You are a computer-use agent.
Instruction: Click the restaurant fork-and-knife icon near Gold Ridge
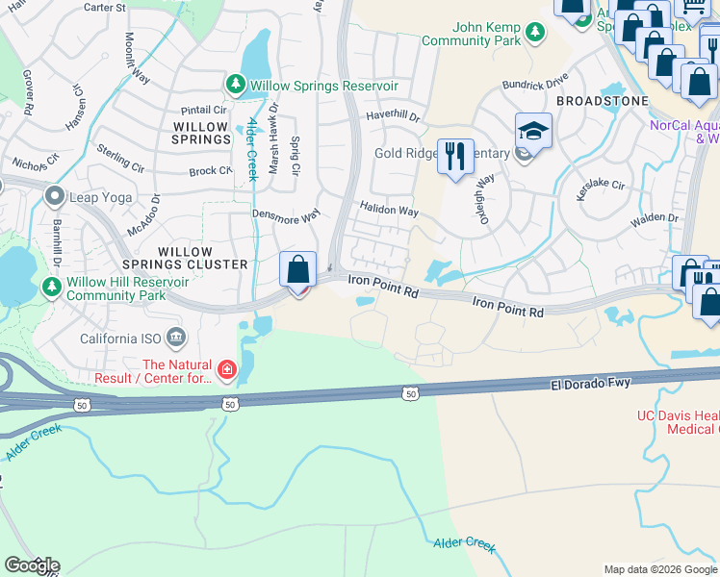click(455, 155)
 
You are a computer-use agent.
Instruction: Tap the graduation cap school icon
click(533, 129)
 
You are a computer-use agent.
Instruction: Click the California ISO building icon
click(176, 338)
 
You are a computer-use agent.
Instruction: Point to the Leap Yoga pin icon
click(55, 197)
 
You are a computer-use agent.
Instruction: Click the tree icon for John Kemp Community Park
click(534, 35)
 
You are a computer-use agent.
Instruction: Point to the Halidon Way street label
click(389, 209)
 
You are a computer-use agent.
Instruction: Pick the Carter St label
click(105, 7)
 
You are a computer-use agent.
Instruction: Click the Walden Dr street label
click(655, 219)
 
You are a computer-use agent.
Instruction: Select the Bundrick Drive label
click(535, 85)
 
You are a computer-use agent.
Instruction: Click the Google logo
click(32, 565)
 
